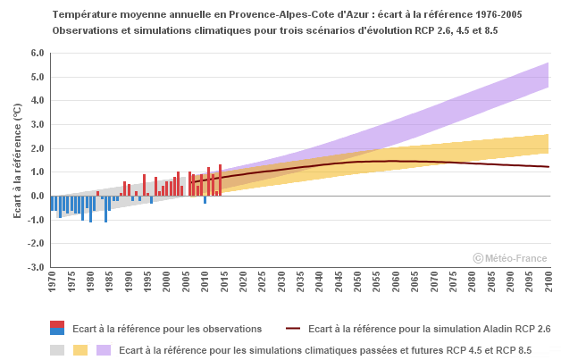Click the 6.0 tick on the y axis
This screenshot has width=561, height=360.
(x=37, y=53)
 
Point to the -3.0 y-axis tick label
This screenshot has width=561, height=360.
(x=36, y=267)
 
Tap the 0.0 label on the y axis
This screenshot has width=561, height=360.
(x=37, y=196)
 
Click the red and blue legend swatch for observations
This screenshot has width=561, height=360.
(x=57, y=329)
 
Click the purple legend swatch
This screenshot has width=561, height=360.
(x=104, y=349)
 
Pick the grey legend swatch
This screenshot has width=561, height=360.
(x=57, y=349)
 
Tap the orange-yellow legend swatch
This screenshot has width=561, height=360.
(x=80, y=349)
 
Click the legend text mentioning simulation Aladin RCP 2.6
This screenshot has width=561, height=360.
(x=429, y=329)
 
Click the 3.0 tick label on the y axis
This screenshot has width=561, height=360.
(x=37, y=124)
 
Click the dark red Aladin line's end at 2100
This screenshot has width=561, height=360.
(x=548, y=167)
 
